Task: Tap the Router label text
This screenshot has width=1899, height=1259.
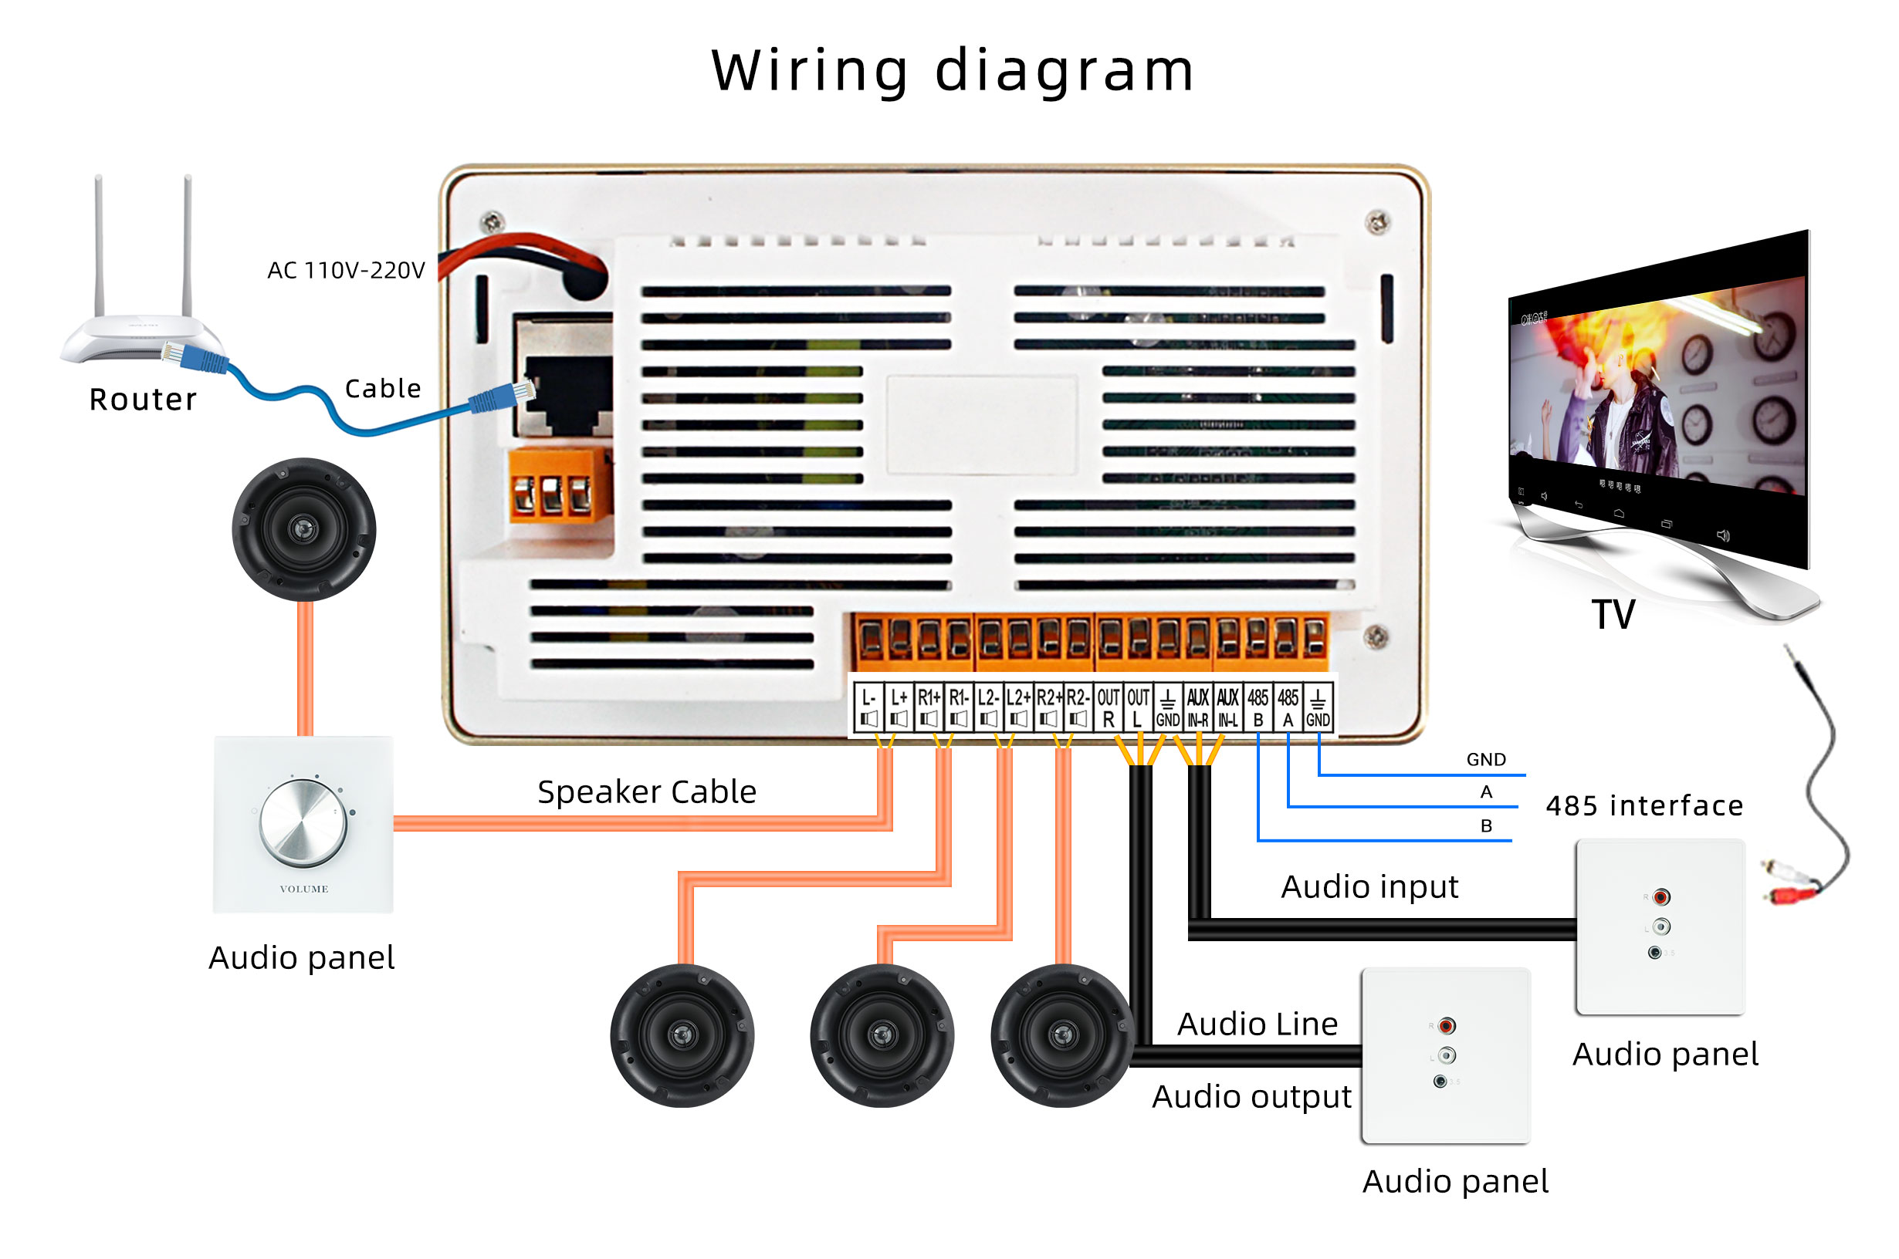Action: [143, 399]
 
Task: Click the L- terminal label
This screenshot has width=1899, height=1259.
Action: [868, 707]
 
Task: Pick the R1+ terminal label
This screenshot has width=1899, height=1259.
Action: [928, 707]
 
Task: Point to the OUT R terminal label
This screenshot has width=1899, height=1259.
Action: [1108, 707]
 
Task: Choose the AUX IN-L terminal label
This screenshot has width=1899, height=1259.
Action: [1227, 707]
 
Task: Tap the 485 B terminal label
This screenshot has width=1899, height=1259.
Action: [1258, 707]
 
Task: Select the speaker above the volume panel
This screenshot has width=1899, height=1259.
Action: [303, 529]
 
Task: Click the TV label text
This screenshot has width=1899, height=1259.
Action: [1613, 615]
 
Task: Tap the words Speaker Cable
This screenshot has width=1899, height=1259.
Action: [647, 792]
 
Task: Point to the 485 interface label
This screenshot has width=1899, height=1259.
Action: [1643, 805]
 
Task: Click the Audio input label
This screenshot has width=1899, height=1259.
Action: [1369, 886]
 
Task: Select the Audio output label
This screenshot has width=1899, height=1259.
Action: [1251, 1096]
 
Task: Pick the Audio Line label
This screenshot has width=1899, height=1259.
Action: [1258, 1024]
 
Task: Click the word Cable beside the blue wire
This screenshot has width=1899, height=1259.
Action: [382, 389]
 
